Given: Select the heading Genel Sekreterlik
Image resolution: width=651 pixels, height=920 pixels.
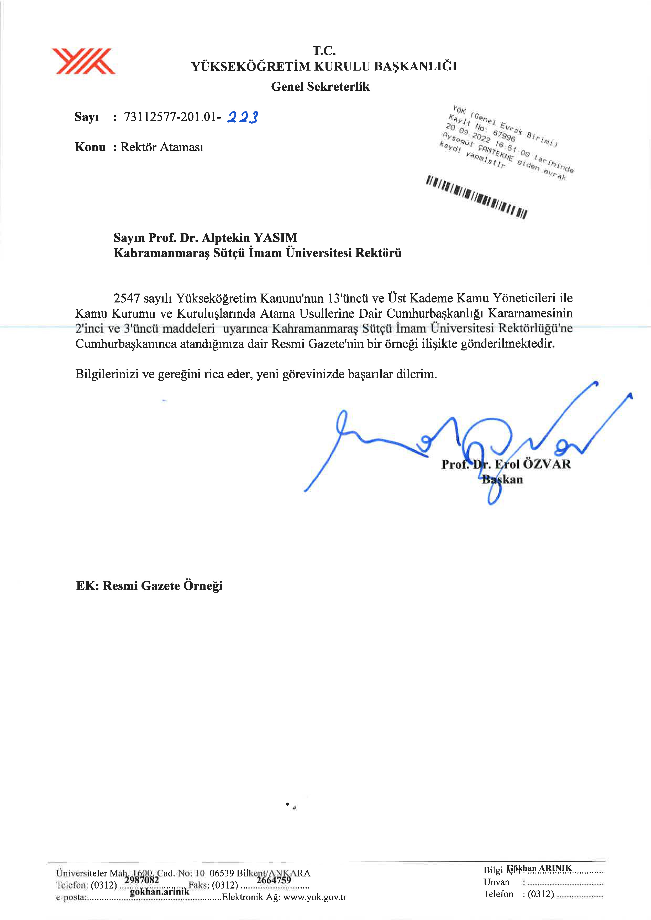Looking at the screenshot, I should point(320,87).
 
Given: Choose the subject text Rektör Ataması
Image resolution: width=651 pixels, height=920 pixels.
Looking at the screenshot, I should point(162,147).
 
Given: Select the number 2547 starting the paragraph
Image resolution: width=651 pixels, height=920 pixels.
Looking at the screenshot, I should point(127,298).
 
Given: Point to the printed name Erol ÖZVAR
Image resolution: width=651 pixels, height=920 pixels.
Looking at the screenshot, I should point(533,464).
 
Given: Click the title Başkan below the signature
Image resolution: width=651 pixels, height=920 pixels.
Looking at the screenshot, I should point(502,479).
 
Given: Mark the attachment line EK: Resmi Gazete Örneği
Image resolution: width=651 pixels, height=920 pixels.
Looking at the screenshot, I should point(149,586).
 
